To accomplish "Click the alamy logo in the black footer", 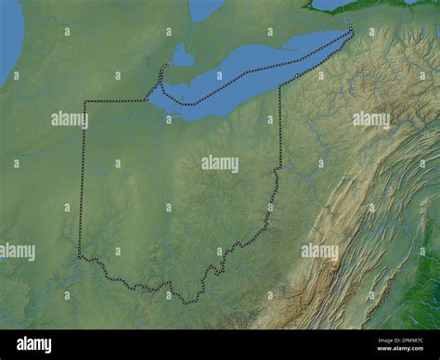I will [34, 344].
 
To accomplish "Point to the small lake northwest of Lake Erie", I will [182, 57].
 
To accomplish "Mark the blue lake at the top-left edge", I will [9, 42].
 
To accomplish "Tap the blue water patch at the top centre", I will [205, 8].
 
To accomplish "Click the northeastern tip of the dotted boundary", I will [352, 30].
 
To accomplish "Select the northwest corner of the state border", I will [84, 101].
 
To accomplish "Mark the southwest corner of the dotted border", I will [80, 255].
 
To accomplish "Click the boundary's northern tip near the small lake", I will [164, 66].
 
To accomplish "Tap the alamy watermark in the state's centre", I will [219, 163].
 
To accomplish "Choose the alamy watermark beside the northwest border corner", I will [69, 119].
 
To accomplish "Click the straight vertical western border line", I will [82, 176].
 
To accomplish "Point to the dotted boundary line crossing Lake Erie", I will [251, 71].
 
